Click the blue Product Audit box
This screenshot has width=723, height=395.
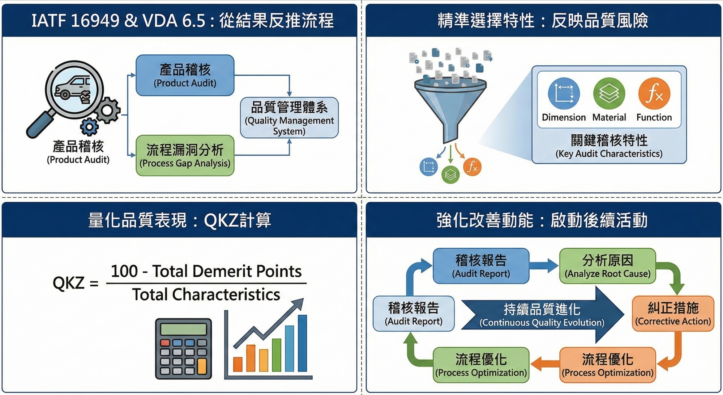coord(185,75)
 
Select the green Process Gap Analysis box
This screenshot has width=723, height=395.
coord(185,156)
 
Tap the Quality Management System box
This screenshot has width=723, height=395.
coord(289,118)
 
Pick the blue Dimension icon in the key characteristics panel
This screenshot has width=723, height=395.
coord(564,93)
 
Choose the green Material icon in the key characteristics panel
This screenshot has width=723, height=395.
coord(609,93)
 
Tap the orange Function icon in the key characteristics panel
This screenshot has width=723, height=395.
coord(654,93)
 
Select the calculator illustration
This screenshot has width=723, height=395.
coord(183,348)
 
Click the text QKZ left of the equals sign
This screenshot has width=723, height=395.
coord(68,283)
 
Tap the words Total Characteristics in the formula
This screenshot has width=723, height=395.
coord(206,295)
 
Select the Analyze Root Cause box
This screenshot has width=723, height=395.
coord(607,266)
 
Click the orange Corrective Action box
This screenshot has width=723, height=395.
coord(673,314)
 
